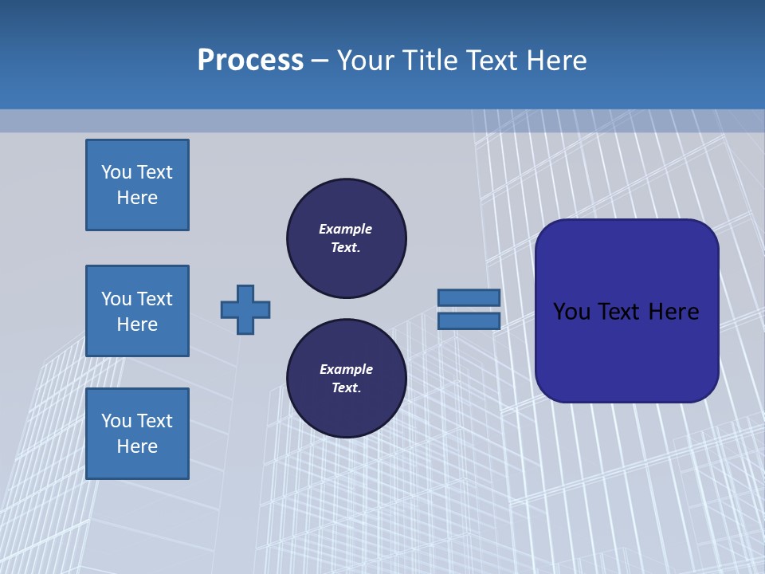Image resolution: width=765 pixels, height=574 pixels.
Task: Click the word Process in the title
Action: coord(250,61)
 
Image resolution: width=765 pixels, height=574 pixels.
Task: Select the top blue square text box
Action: coord(137,185)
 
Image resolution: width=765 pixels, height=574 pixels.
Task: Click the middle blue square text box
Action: coord(137,311)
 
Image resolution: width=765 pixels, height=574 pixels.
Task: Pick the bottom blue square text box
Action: coord(137,434)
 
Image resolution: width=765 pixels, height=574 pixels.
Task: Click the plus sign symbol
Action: coord(245,309)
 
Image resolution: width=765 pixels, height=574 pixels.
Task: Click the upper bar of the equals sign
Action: coord(469,297)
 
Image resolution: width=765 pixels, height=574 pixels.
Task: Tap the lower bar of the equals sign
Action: coord(469,320)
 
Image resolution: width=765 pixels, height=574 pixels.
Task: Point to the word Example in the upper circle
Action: coord(345,229)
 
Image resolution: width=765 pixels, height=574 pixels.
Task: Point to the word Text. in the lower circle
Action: coord(346,388)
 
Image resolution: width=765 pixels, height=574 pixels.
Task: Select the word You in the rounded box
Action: coord(571,312)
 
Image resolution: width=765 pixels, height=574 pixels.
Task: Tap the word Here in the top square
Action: coord(137,198)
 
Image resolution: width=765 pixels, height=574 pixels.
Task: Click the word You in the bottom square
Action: coord(116,421)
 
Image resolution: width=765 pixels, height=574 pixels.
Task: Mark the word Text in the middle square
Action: coord(154,299)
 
